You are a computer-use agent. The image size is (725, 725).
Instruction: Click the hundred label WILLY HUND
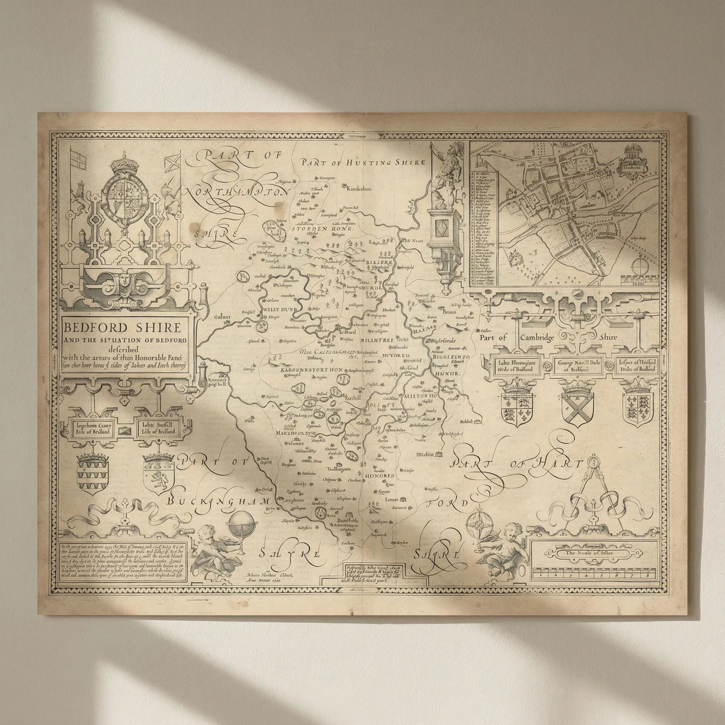[279, 309]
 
